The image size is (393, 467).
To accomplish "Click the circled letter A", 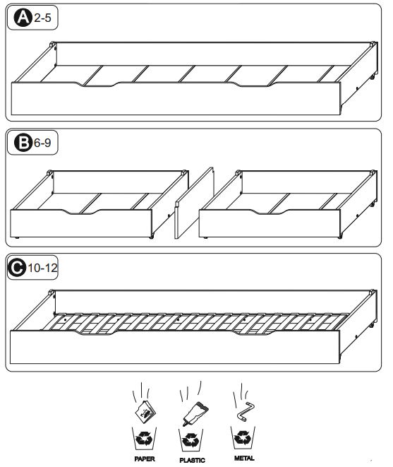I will [x=23, y=19].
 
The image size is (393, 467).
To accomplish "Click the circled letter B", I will [x=23, y=143].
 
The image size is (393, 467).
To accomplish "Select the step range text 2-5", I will [x=42, y=19].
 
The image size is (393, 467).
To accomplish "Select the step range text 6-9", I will [x=42, y=143].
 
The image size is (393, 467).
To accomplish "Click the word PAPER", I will [x=145, y=459].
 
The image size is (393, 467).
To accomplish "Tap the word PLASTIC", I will [x=192, y=459].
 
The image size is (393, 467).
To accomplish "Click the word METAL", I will [x=243, y=458].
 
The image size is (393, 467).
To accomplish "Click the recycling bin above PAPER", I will [x=145, y=439].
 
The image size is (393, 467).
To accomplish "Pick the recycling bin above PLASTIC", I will [x=192, y=439].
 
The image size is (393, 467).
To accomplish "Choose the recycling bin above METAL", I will [x=243, y=439].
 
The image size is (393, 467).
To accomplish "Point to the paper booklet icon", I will [x=145, y=408].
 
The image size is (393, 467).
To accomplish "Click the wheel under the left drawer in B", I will [x=152, y=238].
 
